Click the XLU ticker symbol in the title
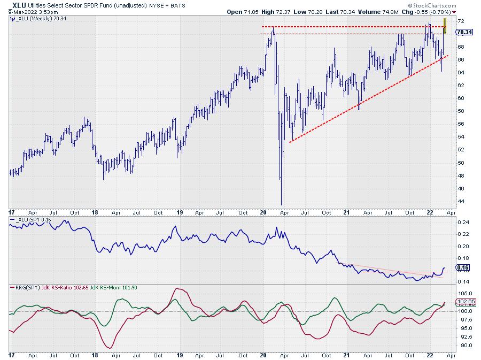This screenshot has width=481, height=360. click(19, 4)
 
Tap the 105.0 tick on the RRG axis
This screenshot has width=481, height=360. click(463, 294)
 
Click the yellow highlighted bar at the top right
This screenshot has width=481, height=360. click(445, 26)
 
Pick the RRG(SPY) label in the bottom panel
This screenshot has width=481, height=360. click(25, 288)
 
